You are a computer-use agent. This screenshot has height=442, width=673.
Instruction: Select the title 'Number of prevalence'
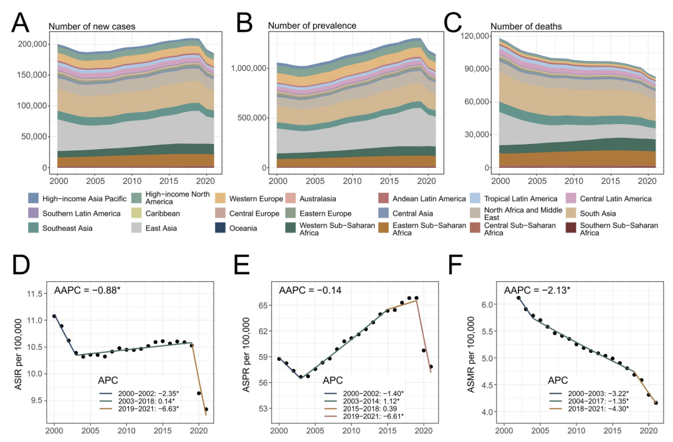312,26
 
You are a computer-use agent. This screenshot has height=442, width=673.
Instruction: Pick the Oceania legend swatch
224,228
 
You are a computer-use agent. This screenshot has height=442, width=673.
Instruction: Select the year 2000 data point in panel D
54,316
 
